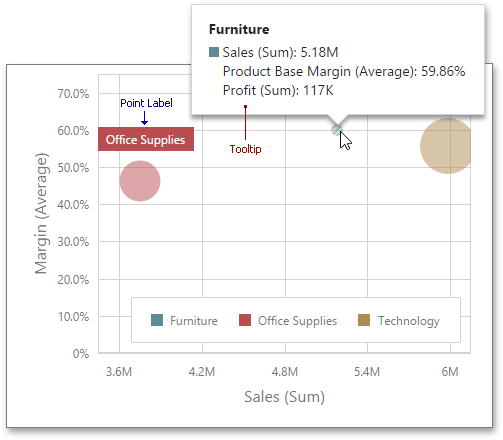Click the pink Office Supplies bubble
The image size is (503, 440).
[140, 181]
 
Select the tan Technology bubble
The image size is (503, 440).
[446, 146]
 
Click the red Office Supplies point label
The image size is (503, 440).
[145, 140]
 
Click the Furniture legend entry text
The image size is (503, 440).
[193, 321]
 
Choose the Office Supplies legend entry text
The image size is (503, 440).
[297, 321]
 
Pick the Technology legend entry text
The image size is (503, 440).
[409, 321]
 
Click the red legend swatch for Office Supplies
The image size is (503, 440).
[245, 321]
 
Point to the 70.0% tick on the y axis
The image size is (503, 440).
[72, 94]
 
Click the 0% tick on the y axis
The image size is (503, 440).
[80, 354]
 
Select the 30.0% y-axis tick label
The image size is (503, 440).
[72, 242]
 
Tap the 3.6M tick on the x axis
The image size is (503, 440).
[119, 373]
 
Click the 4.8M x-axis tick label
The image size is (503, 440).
[285, 373]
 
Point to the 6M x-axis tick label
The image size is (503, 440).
[451, 373]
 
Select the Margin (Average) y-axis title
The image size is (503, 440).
[43, 213]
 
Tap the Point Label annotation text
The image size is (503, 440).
[145, 103]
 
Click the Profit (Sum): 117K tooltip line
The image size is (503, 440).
[278, 91]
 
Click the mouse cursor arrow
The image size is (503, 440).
[345, 139]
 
